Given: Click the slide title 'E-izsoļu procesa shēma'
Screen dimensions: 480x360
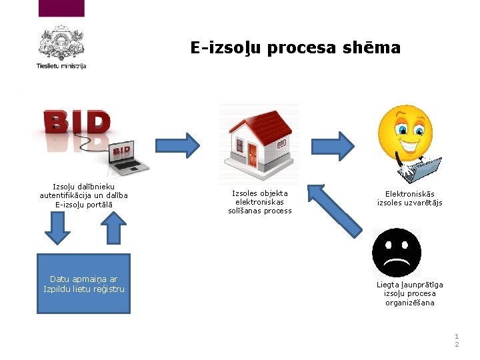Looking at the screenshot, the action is click(295, 48).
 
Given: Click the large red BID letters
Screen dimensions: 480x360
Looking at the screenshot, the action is click(77, 123).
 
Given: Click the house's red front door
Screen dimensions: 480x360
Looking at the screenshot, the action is click(252, 157).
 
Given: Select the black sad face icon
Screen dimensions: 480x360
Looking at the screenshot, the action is click(396, 253).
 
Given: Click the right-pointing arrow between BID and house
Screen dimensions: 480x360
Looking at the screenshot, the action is click(177, 145).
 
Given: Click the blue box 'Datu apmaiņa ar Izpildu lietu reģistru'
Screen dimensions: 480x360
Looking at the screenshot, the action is click(83, 283).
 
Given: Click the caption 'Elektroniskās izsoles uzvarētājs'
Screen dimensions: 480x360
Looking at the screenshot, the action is click(409, 198).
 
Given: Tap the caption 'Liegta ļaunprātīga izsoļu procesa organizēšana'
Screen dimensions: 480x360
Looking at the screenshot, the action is click(409, 293).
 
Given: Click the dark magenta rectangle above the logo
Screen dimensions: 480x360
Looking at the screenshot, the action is click(62, 8).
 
